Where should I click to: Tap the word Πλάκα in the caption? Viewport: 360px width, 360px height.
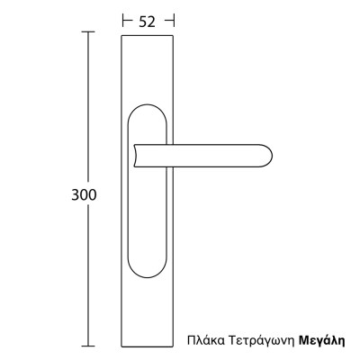205,341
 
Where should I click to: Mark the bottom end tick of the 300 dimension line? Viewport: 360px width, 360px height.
88,346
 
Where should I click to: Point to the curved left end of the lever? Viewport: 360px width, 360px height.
135,155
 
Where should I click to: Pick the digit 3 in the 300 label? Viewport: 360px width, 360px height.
75,194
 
